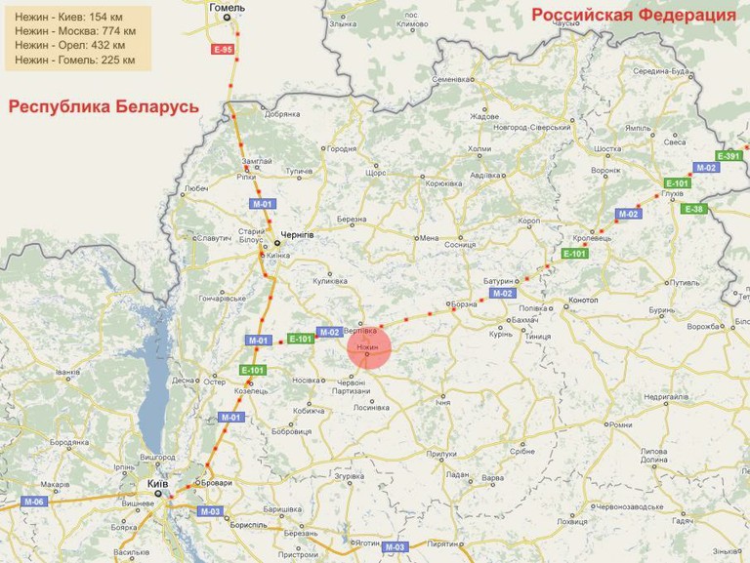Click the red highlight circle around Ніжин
click(369, 349)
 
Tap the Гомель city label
click(229, 8)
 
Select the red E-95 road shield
click(223, 49)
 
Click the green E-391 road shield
click(729, 156)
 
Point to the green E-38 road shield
click(693, 209)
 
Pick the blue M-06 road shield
click(34, 502)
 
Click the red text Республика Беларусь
click(104, 106)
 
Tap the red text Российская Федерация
click(633, 15)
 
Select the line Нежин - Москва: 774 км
click(75, 31)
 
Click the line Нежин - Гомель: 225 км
click(75, 60)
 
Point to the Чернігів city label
click(296, 236)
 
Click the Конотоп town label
click(583, 301)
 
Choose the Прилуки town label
click(441, 454)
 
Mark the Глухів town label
click(671, 194)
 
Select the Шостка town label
click(607, 149)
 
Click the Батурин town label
click(498, 281)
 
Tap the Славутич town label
click(213, 237)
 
